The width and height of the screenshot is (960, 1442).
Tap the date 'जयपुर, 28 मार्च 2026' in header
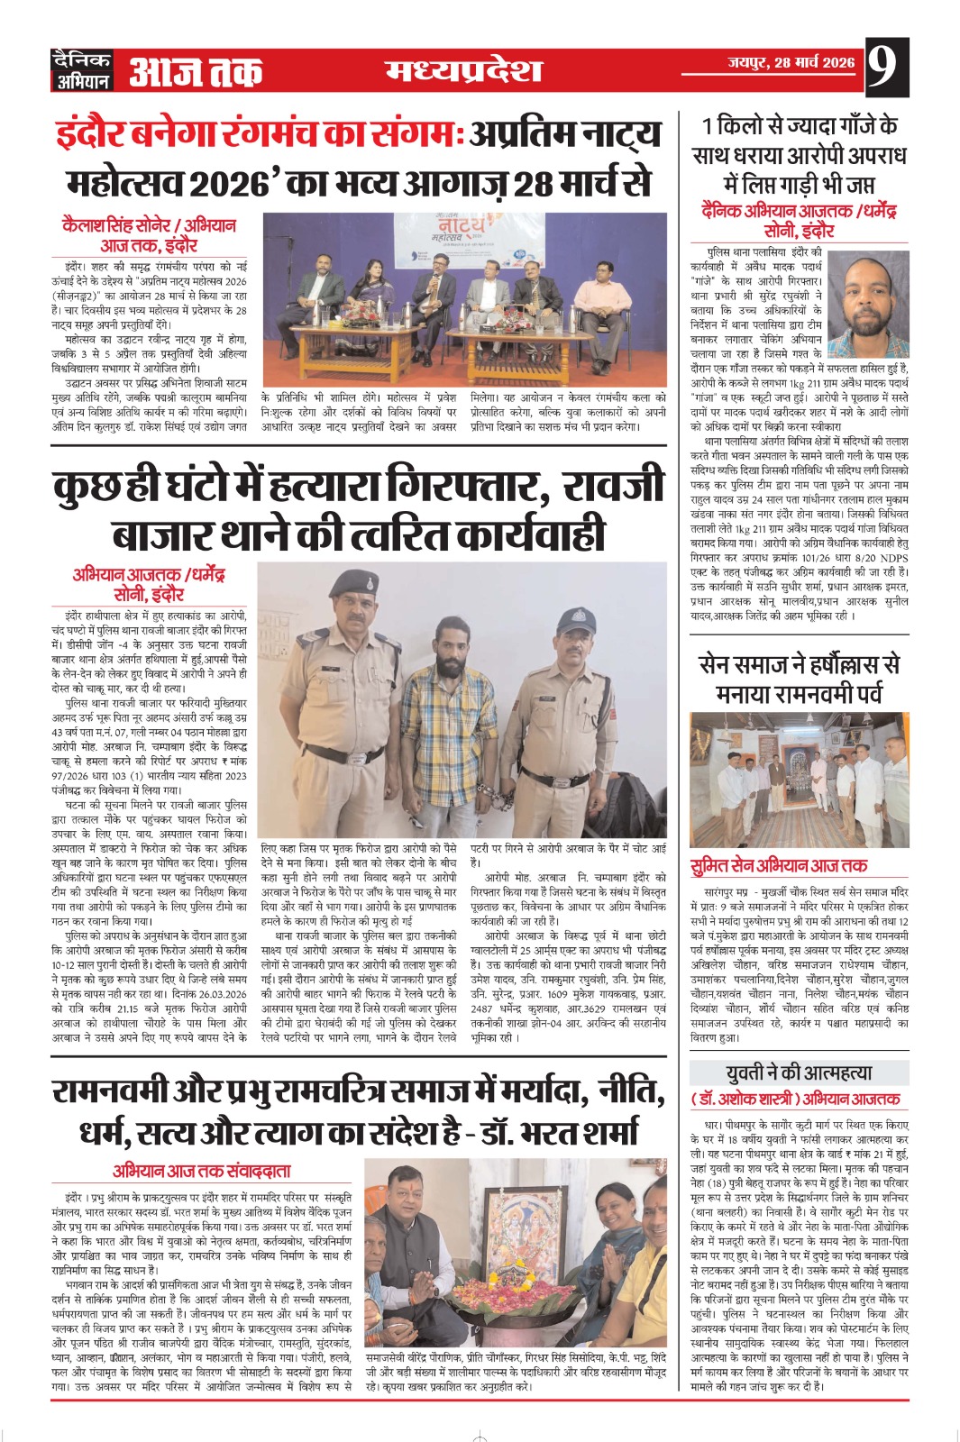pos(791,63)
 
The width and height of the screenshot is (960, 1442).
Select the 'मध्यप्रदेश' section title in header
pos(463,70)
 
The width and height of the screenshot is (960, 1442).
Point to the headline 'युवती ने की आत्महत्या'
pos(799,1073)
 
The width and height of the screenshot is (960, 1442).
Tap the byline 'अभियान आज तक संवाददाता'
pos(202,1171)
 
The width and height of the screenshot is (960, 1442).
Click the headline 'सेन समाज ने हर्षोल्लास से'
pos(799,665)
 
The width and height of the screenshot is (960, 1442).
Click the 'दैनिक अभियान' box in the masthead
pos(82,70)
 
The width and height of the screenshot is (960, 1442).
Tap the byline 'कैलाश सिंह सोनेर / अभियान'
pos(149,224)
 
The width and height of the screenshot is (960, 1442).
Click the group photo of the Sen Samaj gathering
pos(799,780)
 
